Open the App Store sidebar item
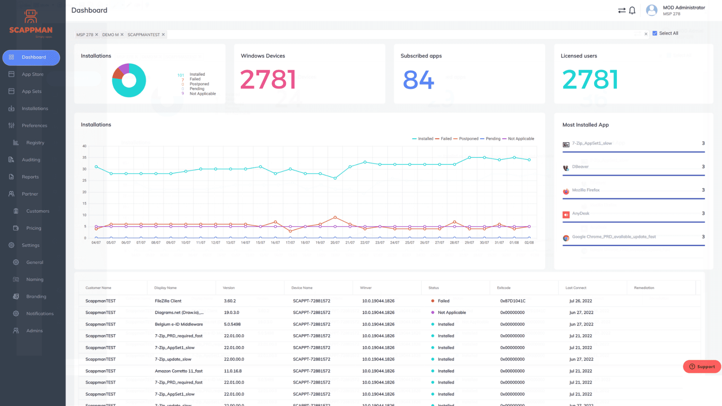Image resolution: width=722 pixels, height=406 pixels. pos(32,74)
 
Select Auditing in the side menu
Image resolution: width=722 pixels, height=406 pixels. pos(31,160)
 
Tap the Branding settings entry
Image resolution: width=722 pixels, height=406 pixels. pos(36,296)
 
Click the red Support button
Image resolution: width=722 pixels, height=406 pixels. pos(702,367)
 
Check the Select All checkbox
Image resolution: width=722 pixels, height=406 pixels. pos(655,33)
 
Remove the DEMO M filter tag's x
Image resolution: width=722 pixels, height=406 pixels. pos(122,35)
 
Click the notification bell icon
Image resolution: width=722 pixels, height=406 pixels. pos(632,11)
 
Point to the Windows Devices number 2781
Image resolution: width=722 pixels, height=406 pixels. pos(268,79)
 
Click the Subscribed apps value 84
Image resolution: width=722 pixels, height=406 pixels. pos(418,80)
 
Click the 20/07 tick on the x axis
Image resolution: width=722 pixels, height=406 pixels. pos(335,242)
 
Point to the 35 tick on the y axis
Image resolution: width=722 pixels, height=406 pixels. pos(84,158)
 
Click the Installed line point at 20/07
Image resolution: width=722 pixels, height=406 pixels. pos(335,178)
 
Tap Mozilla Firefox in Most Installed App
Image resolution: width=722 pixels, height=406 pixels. pos(586,190)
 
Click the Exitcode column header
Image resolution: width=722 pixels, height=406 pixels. pos(503,288)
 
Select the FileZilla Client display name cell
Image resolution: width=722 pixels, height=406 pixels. pos(168,301)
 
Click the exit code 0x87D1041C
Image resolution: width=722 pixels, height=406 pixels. pos(513,301)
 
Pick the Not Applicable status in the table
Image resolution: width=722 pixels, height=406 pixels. pos(452,313)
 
